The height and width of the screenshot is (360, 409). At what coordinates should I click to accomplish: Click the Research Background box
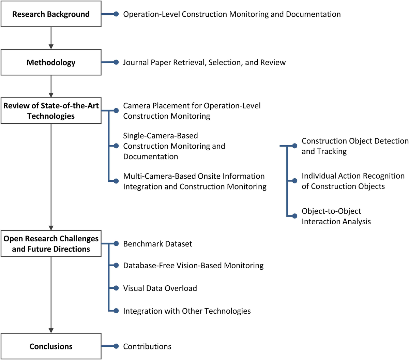click(x=51, y=14)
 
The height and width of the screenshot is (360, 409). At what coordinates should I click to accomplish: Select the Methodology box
click(x=51, y=62)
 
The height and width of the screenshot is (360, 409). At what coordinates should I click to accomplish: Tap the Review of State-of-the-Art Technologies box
click(x=51, y=111)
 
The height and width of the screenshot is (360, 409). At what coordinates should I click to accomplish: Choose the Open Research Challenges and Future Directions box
click(x=51, y=244)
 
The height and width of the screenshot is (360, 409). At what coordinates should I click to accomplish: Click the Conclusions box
click(x=51, y=346)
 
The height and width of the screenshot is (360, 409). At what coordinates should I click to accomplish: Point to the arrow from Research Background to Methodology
click(x=51, y=38)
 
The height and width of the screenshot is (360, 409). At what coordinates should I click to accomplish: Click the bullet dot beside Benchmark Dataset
click(x=116, y=244)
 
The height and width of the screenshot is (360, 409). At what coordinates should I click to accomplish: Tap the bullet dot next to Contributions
click(x=116, y=346)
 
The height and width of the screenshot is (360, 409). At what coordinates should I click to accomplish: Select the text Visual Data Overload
click(x=160, y=288)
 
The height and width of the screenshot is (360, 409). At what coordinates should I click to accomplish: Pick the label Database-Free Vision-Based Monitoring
click(x=193, y=266)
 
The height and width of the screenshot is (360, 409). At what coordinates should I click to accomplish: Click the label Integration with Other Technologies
click(x=187, y=311)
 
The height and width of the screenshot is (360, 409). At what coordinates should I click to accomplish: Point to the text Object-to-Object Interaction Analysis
click(x=336, y=216)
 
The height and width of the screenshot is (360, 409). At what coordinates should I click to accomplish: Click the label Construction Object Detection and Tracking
click(x=354, y=146)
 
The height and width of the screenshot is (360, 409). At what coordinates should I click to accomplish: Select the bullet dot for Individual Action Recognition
click(x=295, y=181)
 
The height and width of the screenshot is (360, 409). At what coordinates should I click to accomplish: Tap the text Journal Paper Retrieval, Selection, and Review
click(x=204, y=62)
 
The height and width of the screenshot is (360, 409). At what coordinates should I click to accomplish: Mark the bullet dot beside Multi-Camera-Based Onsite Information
click(x=116, y=181)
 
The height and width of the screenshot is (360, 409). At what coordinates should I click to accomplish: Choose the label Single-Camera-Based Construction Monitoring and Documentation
click(x=174, y=146)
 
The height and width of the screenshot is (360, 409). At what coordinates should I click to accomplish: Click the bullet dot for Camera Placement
click(x=116, y=111)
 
